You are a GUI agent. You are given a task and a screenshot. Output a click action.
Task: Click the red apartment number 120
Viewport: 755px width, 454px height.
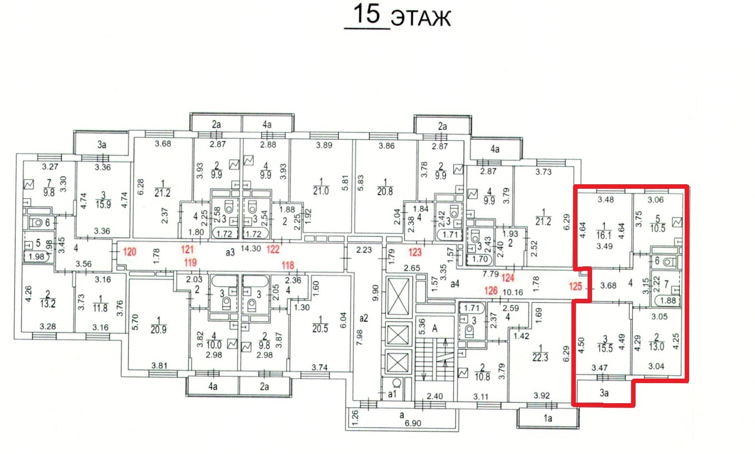(129, 252)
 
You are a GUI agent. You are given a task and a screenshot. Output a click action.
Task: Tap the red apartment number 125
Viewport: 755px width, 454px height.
(576, 286)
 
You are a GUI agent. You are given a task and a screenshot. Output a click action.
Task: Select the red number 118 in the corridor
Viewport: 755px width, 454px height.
(288, 265)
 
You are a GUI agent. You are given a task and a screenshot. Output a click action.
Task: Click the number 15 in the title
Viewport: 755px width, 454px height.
(367, 14)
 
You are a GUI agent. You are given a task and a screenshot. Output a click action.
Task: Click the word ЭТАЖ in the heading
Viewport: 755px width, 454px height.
(421, 18)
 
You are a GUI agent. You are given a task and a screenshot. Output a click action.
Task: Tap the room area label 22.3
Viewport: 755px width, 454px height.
(540, 358)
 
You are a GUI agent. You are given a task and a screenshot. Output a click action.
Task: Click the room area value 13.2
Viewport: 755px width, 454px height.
(48, 303)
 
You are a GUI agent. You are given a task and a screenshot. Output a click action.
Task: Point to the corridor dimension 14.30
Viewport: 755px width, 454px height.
(251, 248)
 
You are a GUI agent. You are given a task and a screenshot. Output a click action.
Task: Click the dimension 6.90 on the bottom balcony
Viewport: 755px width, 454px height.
(413, 423)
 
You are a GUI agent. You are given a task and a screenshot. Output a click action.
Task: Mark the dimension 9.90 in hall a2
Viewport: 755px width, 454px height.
(376, 293)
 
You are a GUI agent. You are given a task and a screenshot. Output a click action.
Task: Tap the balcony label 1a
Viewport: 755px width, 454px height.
(548, 419)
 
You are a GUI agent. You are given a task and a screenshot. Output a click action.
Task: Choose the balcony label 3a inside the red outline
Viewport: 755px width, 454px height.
(604, 393)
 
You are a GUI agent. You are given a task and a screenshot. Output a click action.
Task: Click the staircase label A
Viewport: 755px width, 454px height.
(435, 328)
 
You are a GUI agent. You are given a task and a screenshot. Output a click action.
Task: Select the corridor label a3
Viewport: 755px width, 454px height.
(230, 252)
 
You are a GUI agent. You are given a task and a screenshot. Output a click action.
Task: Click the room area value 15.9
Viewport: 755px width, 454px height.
(103, 204)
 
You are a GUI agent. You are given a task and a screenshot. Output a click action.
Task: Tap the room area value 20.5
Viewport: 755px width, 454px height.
(320, 328)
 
